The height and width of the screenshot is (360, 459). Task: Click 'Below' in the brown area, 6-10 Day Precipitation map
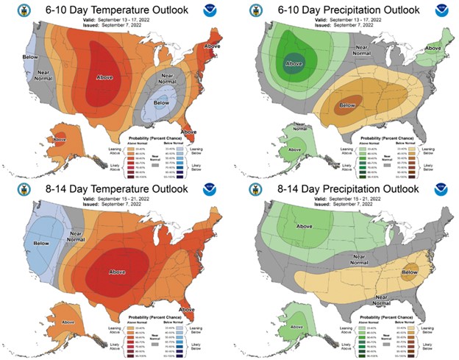pos(346,106)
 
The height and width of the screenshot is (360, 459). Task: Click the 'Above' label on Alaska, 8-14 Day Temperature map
pos(47,321)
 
